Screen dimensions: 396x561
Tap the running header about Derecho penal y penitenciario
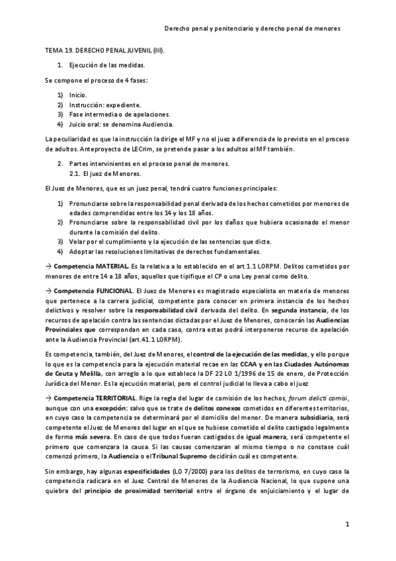(x=261, y=29)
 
